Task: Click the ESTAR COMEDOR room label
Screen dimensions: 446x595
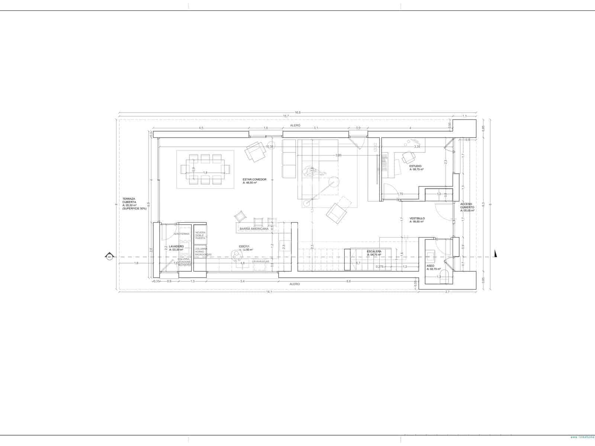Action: point(254,180)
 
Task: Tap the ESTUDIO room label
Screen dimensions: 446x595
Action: point(415,166)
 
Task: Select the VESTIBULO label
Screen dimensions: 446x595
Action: point(417,219)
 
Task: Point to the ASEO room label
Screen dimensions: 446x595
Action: point(430,266)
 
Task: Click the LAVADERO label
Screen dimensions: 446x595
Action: point(176,247)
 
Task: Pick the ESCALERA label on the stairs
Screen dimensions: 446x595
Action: point(374,252)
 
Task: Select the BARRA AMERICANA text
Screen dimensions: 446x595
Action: point(254,229)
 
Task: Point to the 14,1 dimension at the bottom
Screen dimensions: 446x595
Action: point(269,292)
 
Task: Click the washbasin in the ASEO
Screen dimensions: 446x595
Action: point(430,256)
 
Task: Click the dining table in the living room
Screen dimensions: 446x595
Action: point(205,169)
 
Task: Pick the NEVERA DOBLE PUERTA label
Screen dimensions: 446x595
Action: point(200,235)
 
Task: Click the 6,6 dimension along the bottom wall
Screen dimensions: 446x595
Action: point(348,281)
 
